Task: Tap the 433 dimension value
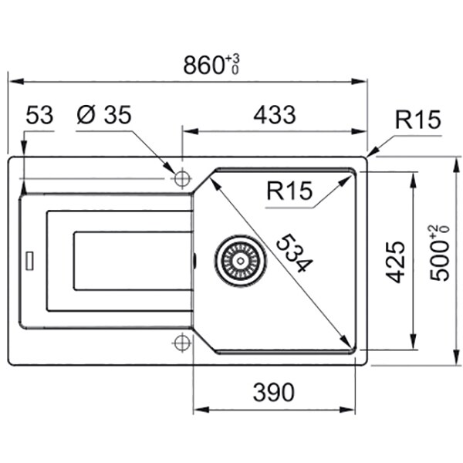pos(275,114)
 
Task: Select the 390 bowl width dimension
pos(274,393)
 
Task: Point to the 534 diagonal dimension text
pos(295,253)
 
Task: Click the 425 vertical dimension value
pos(396,262)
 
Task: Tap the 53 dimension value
pos(39,114)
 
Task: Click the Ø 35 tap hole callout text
pos(103,114)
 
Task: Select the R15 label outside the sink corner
pos(417,120)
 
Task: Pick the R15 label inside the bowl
pos(289,191)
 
